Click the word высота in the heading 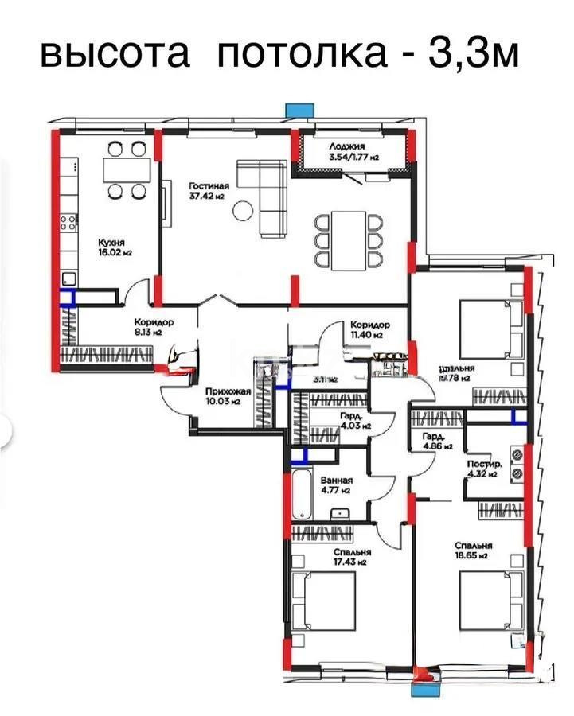(x=115, y=54)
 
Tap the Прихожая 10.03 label (x=228, y=395)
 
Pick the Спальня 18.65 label (x=474, y=551)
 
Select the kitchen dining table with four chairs (x=127, y=169)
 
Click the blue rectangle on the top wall (x=297, y=111)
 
